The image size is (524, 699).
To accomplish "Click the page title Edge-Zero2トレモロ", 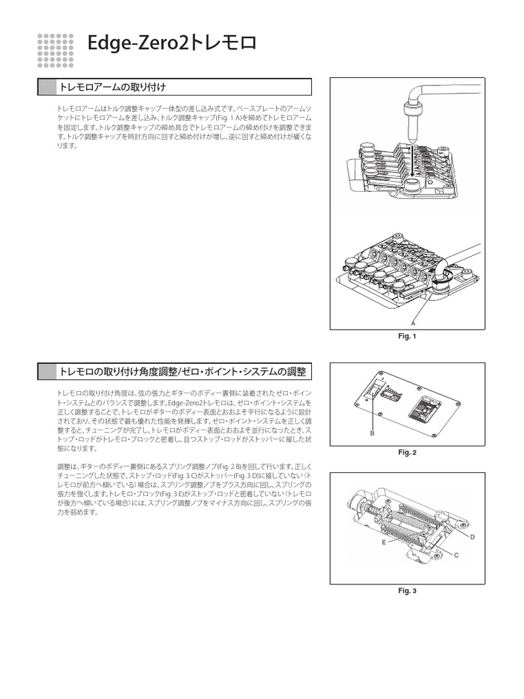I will point(173,46).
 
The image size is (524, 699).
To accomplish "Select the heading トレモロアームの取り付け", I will point(113,87).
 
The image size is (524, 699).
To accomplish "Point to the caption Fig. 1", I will point(407,336).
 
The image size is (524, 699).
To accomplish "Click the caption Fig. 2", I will point(407,453).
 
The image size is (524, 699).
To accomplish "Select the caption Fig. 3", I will point(407,590).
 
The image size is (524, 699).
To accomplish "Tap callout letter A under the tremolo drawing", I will point(413,322).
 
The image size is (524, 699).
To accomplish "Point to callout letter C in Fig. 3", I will point(456,556).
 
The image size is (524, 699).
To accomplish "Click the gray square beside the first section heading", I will point(46,87).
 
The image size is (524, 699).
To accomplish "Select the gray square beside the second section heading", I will point(46,371).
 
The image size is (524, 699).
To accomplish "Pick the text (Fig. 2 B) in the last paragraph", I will point(233,466).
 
